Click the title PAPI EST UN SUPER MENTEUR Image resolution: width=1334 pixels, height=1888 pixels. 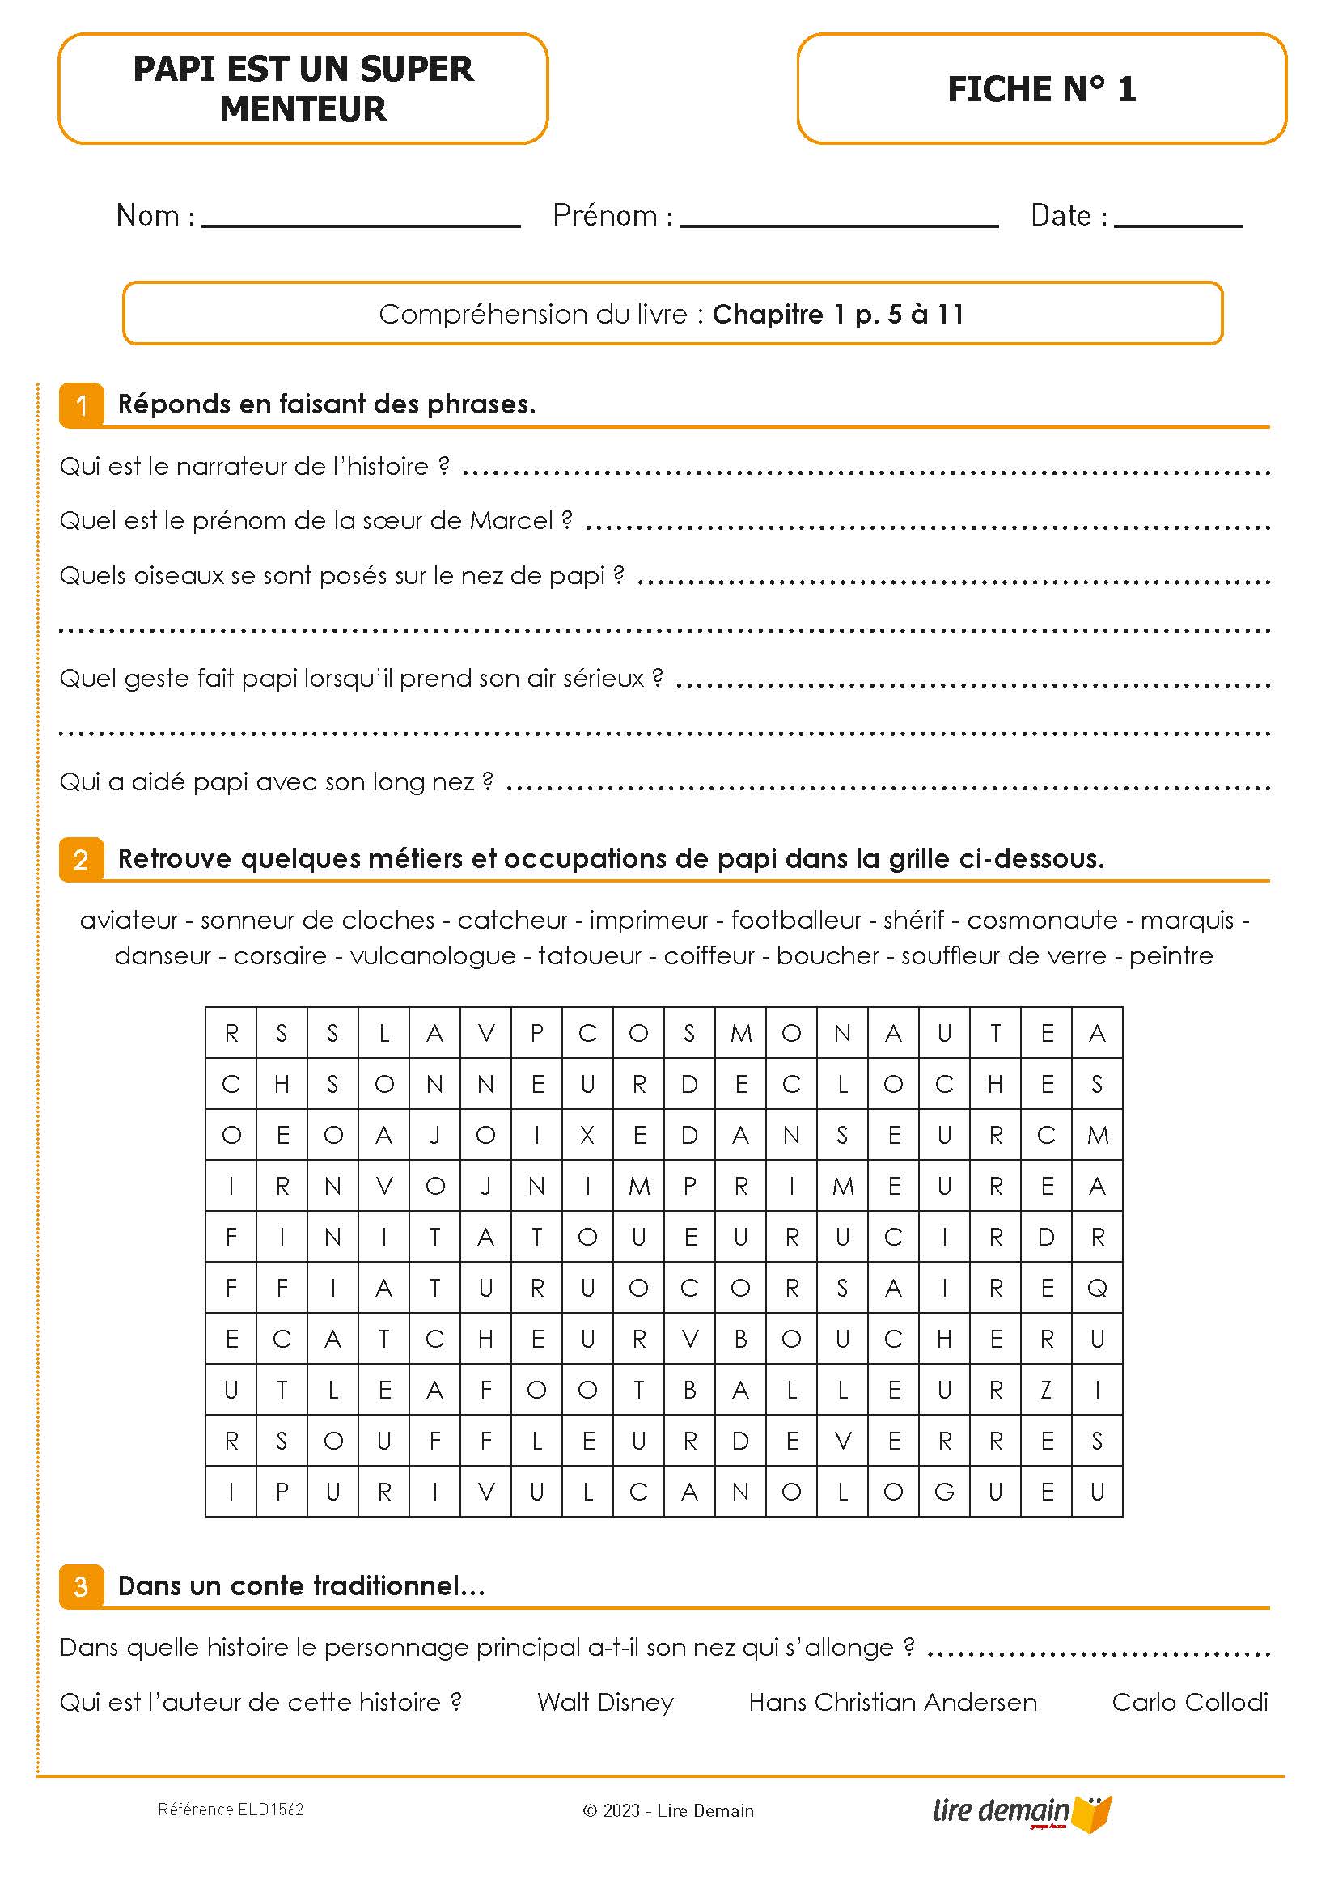tap(303, 89)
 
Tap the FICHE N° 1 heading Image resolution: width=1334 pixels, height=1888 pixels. tap(1041, 89)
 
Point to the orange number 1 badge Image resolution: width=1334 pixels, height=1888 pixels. tap(82, 405)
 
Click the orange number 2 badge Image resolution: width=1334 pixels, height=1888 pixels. tap(82, 860)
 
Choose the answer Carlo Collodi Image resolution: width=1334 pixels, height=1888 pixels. tap(1189, 1702)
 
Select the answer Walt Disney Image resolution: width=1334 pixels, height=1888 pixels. tap(605, 1702)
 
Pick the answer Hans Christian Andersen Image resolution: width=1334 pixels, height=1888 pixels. tap(892, 1702)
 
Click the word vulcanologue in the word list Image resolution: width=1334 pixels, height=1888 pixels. tap(433, 956)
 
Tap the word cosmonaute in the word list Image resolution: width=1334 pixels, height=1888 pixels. tap(1042, 921)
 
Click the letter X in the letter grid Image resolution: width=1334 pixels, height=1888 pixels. tap(587, 1136)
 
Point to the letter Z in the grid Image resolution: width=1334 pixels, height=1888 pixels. tap(1046, 1391)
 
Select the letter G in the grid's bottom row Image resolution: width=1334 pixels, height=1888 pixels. tap(944, 1492)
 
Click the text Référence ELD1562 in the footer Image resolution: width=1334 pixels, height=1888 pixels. tap(231, 1810)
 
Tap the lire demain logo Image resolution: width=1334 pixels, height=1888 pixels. tap(1021, 1811)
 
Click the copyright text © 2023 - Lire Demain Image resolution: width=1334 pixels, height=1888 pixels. tap(668, 1810)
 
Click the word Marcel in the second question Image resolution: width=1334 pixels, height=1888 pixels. tap(510, 521)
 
